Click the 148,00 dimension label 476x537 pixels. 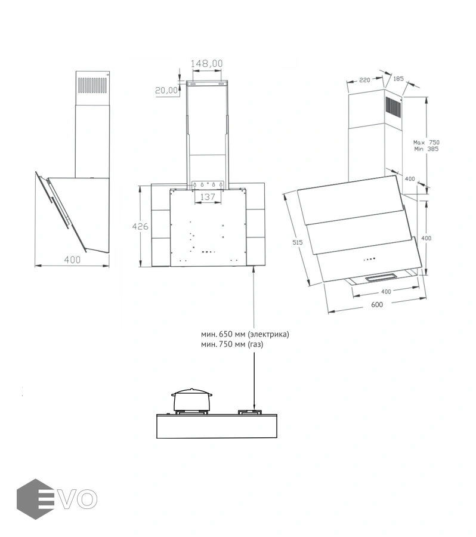206,63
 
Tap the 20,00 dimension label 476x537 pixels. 166,90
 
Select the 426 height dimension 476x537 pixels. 140,226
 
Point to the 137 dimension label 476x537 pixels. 208,197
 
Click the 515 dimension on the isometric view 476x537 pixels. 297,242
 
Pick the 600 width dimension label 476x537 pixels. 377,304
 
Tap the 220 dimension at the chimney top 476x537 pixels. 364,80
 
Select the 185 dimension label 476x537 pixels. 398,79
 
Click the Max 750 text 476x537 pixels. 426,142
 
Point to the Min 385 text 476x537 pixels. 426,149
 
